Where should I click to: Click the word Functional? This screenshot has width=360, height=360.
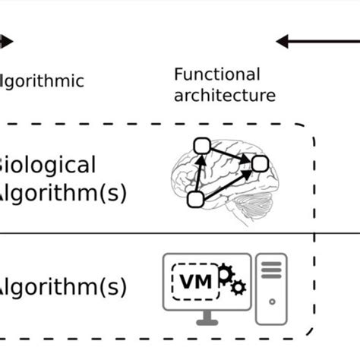click(216, 74)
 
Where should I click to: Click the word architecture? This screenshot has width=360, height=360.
click(224, 96)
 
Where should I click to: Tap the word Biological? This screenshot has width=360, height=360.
click(47, 165)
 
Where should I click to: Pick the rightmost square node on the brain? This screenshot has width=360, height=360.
click(261, 163)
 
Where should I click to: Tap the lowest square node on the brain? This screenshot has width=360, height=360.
click(194, 199)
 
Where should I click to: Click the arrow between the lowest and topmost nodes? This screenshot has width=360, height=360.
click(198, 172)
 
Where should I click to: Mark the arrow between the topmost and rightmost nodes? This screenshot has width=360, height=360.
click(232, 153)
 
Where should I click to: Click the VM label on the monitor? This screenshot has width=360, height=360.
click(196, 283)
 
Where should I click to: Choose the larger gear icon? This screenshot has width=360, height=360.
click(226, 273)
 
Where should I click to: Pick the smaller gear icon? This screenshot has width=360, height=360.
click(238, 287)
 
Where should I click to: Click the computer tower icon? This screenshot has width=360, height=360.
click(271, 289)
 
